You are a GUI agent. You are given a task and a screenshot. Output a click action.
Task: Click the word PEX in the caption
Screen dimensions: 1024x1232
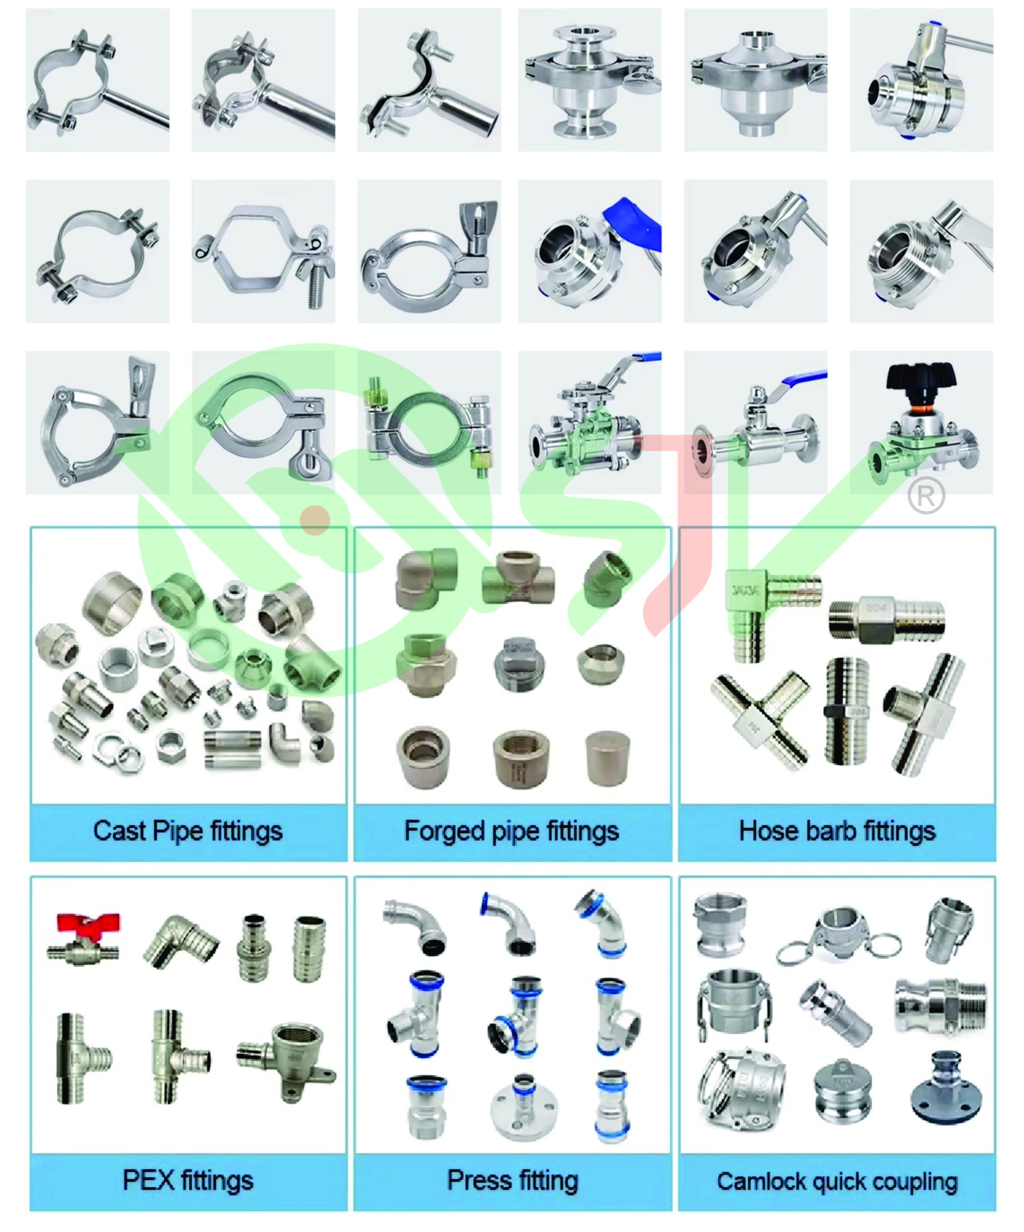[x=148, y=1181]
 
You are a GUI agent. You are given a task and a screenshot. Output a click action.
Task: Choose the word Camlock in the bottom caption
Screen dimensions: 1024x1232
[x=760, y=1181]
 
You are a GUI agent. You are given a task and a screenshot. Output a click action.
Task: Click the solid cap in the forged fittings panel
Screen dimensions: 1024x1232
[x=608, y=758]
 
